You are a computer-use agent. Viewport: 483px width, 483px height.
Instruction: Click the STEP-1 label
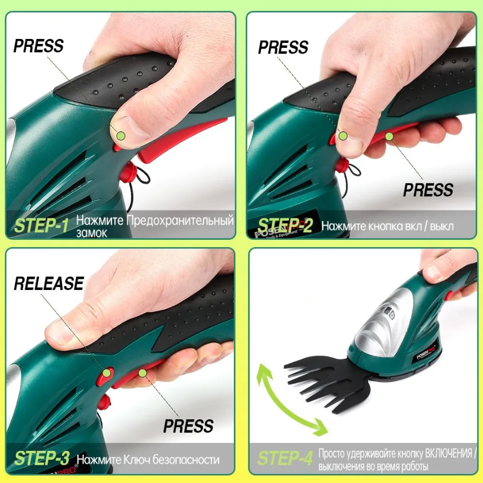click(x=41, y=226)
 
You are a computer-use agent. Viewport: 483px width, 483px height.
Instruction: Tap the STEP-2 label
click(x=285, y=226)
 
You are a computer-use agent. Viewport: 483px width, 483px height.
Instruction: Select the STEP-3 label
click(x=42, y=458)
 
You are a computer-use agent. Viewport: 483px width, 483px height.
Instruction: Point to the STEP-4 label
click(x=285, y=458)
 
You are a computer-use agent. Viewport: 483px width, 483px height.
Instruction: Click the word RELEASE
click(x=49, y=283)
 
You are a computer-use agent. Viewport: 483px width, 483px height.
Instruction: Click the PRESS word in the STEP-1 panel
click(x=38, y=46)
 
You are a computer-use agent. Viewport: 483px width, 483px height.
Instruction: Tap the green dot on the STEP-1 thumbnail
click(x=121, y=135)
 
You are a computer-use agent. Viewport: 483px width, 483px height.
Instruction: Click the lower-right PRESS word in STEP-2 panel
click(x=428, y=190)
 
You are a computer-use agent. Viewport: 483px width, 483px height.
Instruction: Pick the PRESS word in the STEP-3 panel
click(x=188, y=426)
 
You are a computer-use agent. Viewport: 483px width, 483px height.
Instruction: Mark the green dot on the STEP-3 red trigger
click(x=143, y=373)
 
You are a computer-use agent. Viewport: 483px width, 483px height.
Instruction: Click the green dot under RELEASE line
click(x=107, y=373)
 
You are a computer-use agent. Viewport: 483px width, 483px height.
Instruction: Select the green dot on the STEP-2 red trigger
click(x=389, y=136)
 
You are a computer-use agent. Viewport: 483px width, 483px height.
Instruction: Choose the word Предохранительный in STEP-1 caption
click(x=180, y=221)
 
